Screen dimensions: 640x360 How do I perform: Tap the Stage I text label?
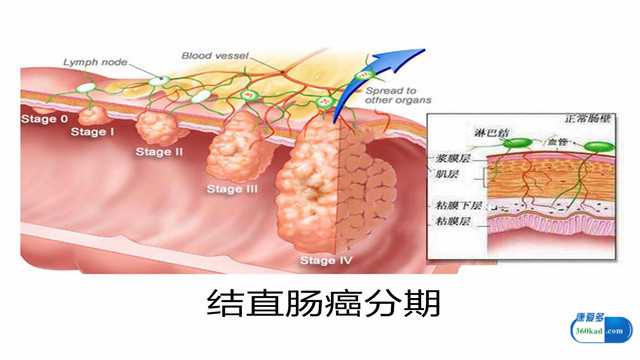(x=92, y=132)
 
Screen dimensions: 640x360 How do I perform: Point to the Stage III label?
(x=232, y=189)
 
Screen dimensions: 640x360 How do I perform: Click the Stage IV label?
(x=324, y=261)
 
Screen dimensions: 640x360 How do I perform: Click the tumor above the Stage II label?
(x=156, y=126)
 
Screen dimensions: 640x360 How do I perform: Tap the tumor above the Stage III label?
(x=235, y=145)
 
